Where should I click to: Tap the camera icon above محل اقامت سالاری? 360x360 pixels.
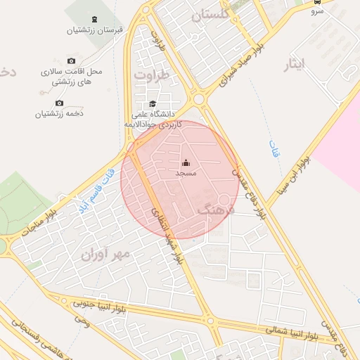pos(71,61)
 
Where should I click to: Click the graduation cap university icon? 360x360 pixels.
pos(153,104)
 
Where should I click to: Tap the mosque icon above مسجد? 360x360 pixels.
pos(186,164)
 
